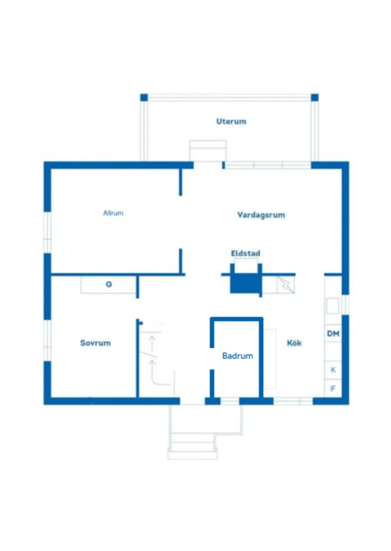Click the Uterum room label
point(231,121)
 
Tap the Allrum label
point(113,213)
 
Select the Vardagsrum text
point(261,215)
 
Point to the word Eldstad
point(246,253)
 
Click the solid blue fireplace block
point(245,284)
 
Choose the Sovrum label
point(95,343)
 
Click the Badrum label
point(237,356)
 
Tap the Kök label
point(294,343)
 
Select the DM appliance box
point(333,334)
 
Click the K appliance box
point(333,370)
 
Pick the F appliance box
point(333,388)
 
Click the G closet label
point(109,285)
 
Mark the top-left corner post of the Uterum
point(144,98)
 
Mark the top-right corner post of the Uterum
point(315,98)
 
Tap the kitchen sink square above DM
point(333,306)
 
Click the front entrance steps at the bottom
point(192,445)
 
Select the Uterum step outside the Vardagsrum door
point(208,151)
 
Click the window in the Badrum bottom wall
point(230,401)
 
